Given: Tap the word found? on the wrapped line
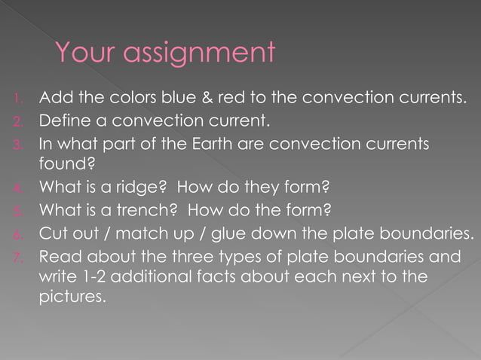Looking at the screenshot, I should (62, 163).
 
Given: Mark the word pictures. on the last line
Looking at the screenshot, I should (72, 297).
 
